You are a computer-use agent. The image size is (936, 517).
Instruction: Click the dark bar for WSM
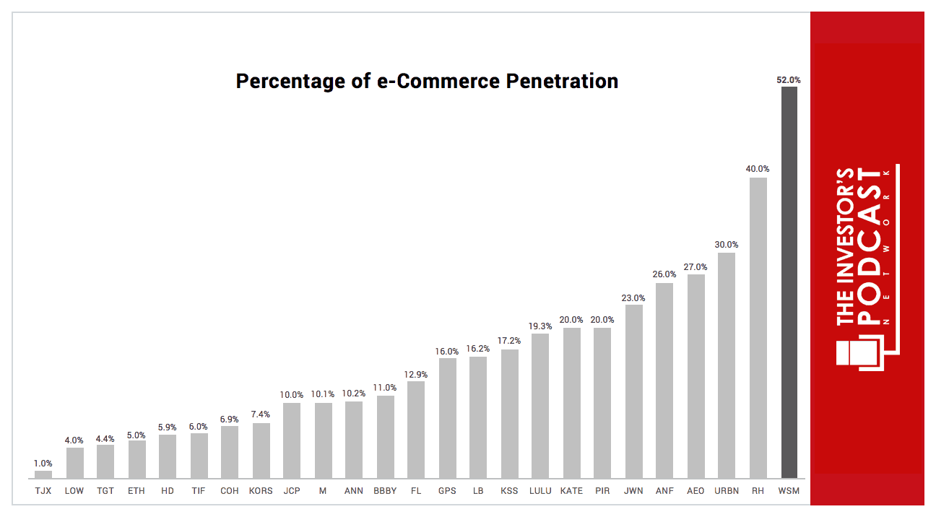789,282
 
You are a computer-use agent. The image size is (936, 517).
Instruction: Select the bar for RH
758,328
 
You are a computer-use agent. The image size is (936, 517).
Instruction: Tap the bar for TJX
43,474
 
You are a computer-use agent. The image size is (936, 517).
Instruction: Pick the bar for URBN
727,365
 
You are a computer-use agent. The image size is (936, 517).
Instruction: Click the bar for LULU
540,406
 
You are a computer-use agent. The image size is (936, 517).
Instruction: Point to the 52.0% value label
789,79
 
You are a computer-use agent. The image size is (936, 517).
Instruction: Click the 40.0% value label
758,169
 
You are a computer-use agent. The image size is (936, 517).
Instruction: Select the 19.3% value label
540,326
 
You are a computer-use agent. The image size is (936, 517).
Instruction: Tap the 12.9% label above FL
416,375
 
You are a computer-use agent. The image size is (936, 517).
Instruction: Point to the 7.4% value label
260,414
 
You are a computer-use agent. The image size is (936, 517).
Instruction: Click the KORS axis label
261,491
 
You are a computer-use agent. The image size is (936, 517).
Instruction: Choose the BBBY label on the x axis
385,491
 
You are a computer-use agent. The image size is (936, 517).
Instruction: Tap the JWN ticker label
633,491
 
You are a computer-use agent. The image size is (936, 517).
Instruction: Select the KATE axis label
571,491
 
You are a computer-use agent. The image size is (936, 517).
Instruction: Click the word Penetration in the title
562,81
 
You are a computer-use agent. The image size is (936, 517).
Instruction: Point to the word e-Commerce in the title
438,81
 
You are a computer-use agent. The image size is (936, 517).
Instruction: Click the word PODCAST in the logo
868,246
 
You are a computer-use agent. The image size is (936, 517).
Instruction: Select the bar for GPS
448,418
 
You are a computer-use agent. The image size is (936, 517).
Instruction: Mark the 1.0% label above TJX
43,464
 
